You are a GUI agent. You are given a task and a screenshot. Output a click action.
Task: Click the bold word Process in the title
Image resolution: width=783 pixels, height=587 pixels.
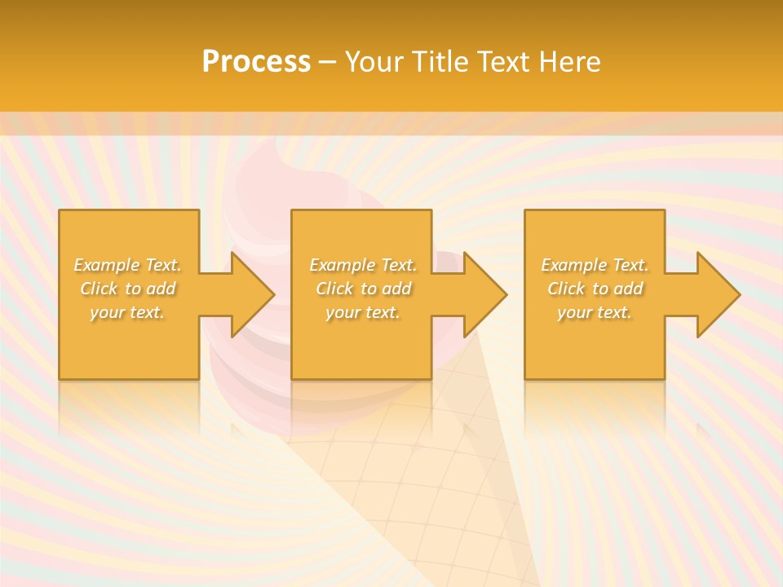click(256, 62)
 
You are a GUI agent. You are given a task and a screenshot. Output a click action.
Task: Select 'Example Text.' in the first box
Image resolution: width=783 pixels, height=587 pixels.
click(128, 265)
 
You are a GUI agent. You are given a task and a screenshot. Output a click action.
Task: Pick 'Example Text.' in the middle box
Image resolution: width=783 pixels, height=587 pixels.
click(363, 265)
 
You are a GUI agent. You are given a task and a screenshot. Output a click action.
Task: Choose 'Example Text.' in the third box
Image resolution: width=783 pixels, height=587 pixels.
click(595, 265)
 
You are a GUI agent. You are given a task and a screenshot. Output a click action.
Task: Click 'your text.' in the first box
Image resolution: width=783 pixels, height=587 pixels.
click(128, 312)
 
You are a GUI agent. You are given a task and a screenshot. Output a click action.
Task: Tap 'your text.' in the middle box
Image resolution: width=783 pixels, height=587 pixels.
click(363, 312)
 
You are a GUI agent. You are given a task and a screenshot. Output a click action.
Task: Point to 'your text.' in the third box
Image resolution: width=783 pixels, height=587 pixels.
click(595, 312)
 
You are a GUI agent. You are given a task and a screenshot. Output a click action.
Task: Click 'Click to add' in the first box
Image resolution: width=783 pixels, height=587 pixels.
click(128, 289)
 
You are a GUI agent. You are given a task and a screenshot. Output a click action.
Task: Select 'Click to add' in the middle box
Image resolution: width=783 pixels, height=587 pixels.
click(363, 289)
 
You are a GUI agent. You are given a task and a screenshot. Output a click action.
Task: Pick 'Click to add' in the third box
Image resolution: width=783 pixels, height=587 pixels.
click(595, 289)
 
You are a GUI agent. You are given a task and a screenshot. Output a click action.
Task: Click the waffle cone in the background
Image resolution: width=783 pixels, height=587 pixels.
click(424, 489)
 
